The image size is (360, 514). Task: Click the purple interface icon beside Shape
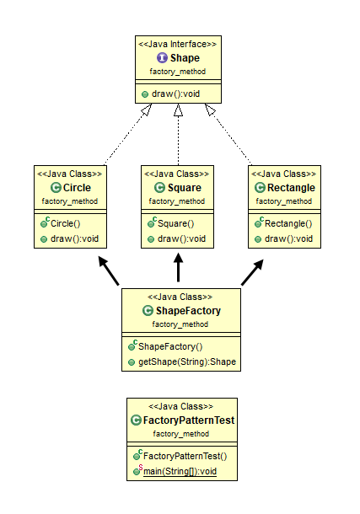(x=162, y=57)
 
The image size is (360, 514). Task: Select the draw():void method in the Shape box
(x=175, y=94)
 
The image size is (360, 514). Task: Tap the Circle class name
(x=77, y=188)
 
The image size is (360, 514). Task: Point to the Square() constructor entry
(x=175, y=223)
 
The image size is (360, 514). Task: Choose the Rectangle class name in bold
(x=291, y=188)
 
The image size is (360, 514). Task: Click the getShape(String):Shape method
(x=187, y=361)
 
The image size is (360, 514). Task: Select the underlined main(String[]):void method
(x=180, y=471)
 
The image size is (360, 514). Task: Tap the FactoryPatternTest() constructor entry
(x=185, y=456)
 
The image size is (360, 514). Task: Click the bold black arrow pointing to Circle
(x=109, y=270)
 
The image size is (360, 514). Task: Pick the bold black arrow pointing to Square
(x=178, y=267)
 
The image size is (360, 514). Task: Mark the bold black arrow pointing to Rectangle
(x=252, y=272)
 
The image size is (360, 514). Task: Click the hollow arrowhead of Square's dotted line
(x=178, y=110)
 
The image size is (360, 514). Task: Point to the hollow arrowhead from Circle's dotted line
(x=147, y=110)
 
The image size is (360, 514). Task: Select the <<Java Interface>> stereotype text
(x=177, y=44)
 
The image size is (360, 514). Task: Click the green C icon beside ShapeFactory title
(x=148, y=310)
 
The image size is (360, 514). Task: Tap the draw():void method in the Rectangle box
(x=288, y=238)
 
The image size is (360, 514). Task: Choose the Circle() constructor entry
(x=65, y=223)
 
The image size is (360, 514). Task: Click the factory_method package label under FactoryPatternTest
(x=181, y=434)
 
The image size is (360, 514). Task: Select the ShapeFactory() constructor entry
(x=170, y=346)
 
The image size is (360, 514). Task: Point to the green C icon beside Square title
(x=159, y=188)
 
